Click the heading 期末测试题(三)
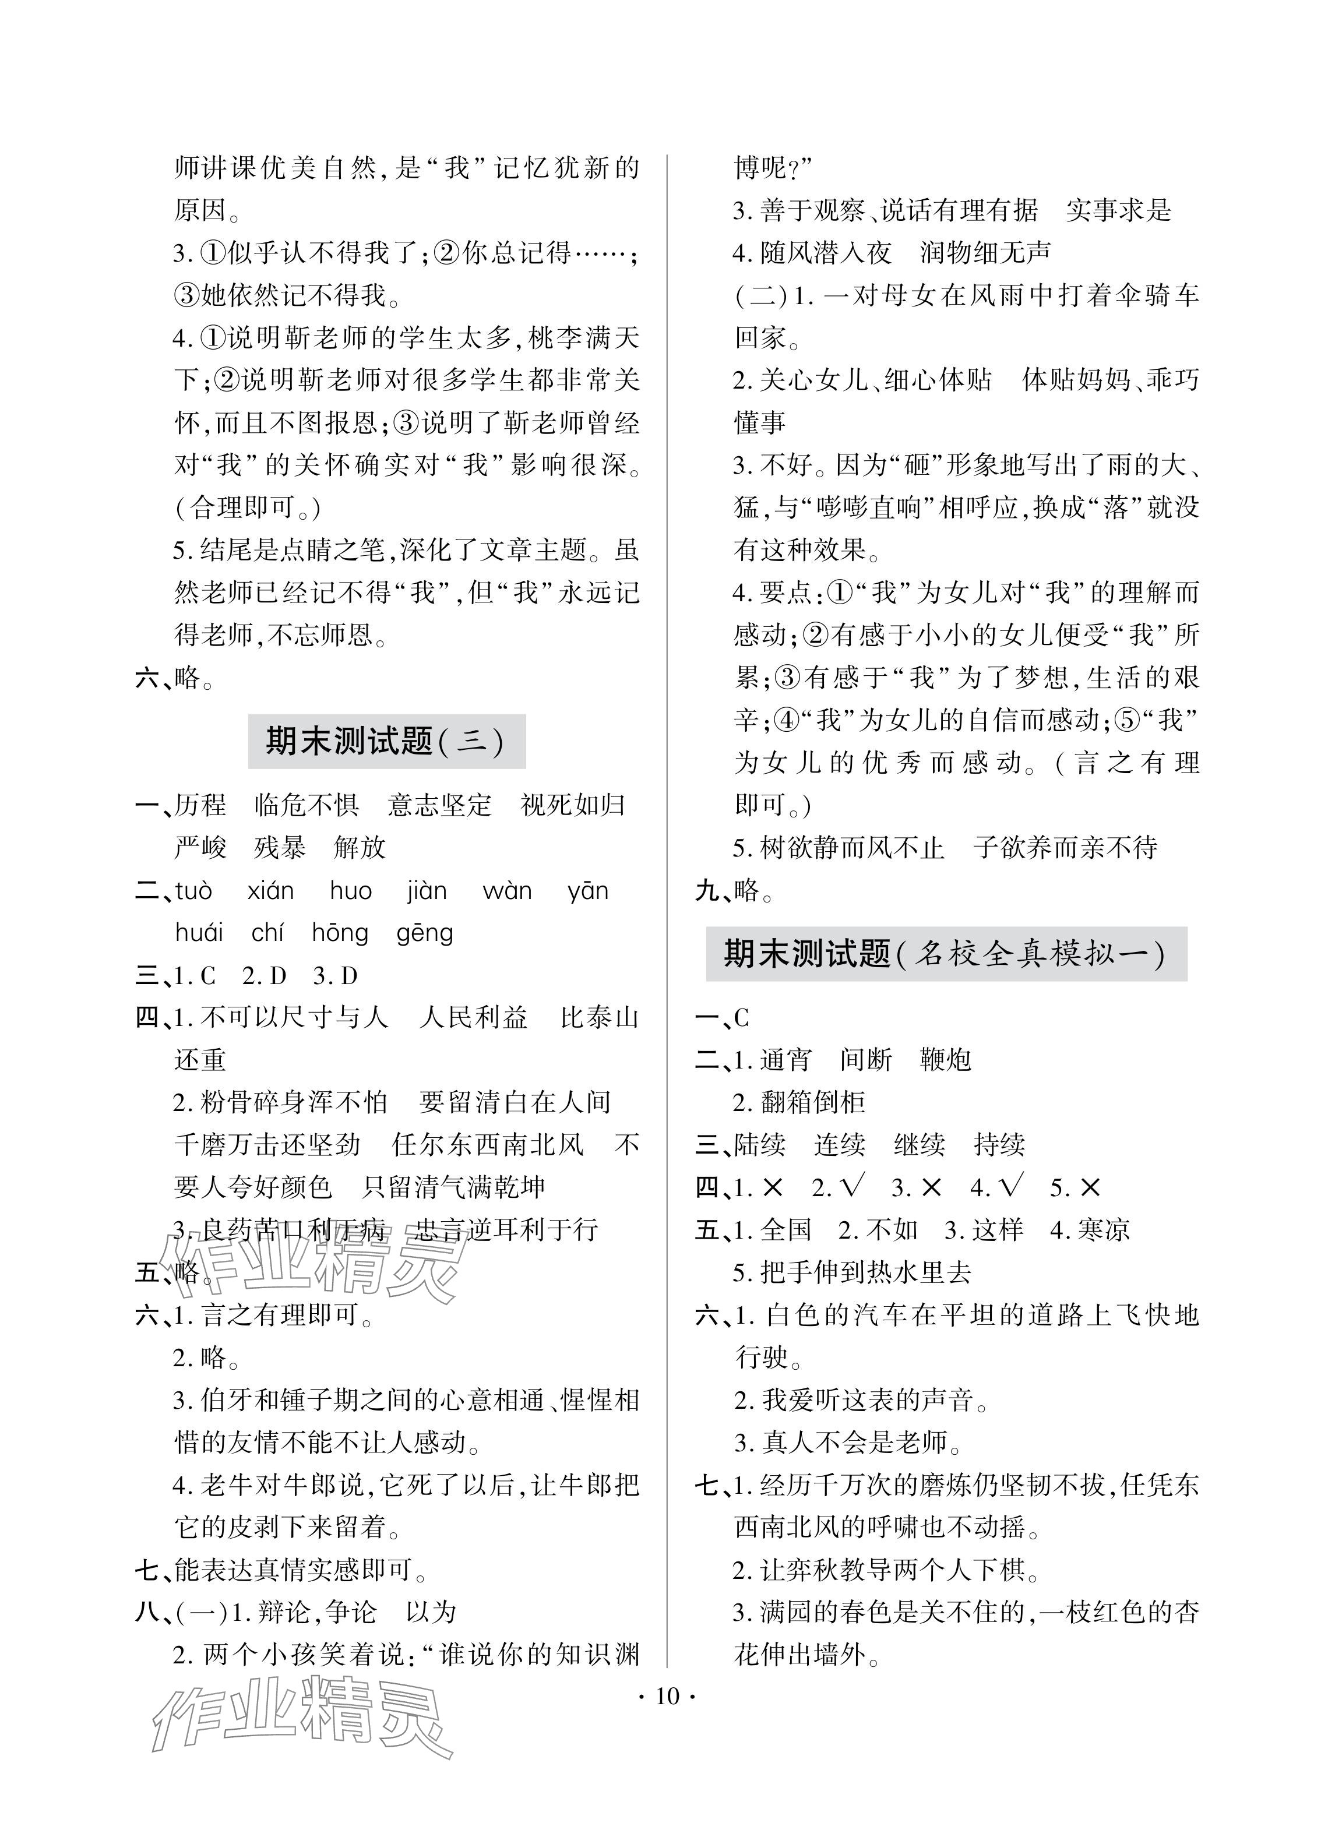tap(386, 741)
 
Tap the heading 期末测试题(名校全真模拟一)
tap(945, 954)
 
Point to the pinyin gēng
tap(424, 933)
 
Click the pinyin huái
tap(199, 933)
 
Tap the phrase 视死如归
tap(573, 805)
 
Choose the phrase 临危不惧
tap(306, 805)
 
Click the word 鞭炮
tap(945, 1059)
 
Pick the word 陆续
tap(760, 1144)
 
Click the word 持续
tap(999, 1144)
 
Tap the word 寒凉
tap(1103, 1229)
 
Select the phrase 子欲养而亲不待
tap(1065, 848)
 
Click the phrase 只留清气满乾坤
tap(453, 1187)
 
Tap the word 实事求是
tap(1119, 210)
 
